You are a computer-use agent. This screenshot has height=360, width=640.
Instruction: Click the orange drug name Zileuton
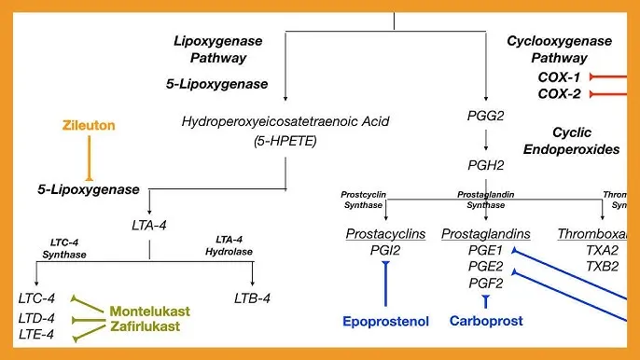click(89, 123)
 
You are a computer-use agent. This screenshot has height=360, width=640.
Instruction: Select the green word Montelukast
click(146, 311)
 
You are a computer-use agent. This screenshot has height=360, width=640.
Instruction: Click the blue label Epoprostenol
click(385, 322)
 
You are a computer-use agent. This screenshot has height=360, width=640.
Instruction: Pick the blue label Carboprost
click(484, 322)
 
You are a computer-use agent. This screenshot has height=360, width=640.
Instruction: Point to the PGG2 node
click(485, 116)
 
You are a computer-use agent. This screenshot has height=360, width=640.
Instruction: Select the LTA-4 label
click(150, 224)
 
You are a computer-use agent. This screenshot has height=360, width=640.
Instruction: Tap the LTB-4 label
click(252, 298)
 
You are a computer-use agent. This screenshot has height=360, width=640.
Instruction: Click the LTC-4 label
click(36, 298)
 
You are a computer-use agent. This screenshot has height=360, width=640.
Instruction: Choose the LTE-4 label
click(36, 334)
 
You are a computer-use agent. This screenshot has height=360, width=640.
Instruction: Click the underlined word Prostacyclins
click(385, 233)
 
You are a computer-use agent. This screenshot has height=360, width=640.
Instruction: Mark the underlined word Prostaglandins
click(485, 233)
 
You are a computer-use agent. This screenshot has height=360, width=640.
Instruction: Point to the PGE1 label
click(485, 250)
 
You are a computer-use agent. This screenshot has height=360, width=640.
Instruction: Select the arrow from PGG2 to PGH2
click(485, 141)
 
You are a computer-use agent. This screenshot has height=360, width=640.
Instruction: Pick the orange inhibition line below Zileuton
click(89, 157)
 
